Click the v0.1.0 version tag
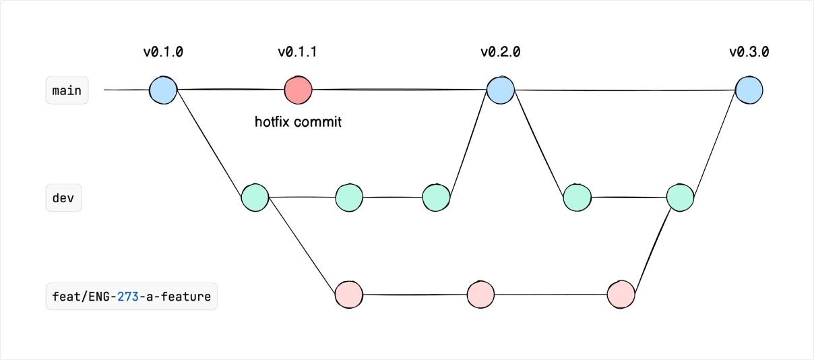click(163, 52)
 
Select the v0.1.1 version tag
click(297, 52)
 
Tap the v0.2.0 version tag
click(500, 52)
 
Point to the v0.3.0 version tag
click(749, 52)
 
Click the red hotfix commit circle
click(298, 90)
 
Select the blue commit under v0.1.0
click(163, 90)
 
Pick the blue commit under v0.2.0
click(501, 90)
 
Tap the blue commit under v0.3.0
click(749, 90)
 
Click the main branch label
click(67, 90)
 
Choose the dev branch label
click(63, 199)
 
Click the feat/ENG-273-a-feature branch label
click(131, 296)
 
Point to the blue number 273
click(127, 296)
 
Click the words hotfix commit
click(298, 123)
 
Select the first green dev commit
click(255, 198)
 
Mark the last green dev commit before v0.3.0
click(680, 198)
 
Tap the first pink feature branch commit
click(348, 294)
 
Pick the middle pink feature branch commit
click(480, 294)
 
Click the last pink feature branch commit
click(621, 294)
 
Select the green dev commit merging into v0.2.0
click(436, 198)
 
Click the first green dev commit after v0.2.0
click(577, 198)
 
